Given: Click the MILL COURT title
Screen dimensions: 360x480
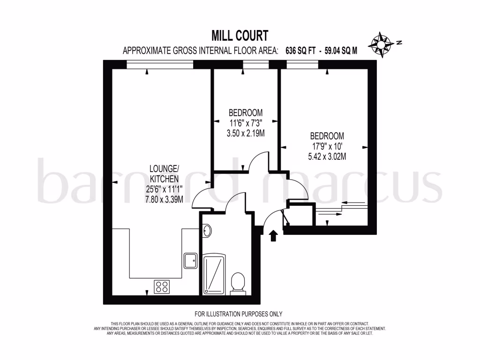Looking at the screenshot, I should pos(240,36).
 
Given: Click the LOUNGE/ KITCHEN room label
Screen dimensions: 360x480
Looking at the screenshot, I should pos(163,173).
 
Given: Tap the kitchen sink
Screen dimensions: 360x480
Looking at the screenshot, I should pos(190,261).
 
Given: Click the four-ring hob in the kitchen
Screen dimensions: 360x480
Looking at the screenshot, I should pos(162,286).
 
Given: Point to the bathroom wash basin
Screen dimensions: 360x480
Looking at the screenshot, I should pos(208,230).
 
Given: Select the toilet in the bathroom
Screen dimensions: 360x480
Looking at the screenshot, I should pos(238,283).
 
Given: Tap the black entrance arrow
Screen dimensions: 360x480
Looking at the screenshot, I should pos(274,235).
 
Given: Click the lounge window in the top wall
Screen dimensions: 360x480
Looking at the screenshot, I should pos(160,65).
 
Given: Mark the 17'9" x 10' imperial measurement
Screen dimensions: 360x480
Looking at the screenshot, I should pos(327,146).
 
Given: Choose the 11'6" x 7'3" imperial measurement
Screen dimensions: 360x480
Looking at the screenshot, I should pos(245,123).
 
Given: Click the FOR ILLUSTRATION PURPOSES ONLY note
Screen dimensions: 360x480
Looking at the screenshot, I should pos(238,314).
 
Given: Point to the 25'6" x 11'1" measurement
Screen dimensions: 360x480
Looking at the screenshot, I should pos(163,189).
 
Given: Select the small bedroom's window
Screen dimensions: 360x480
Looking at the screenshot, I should pos(253,65).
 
